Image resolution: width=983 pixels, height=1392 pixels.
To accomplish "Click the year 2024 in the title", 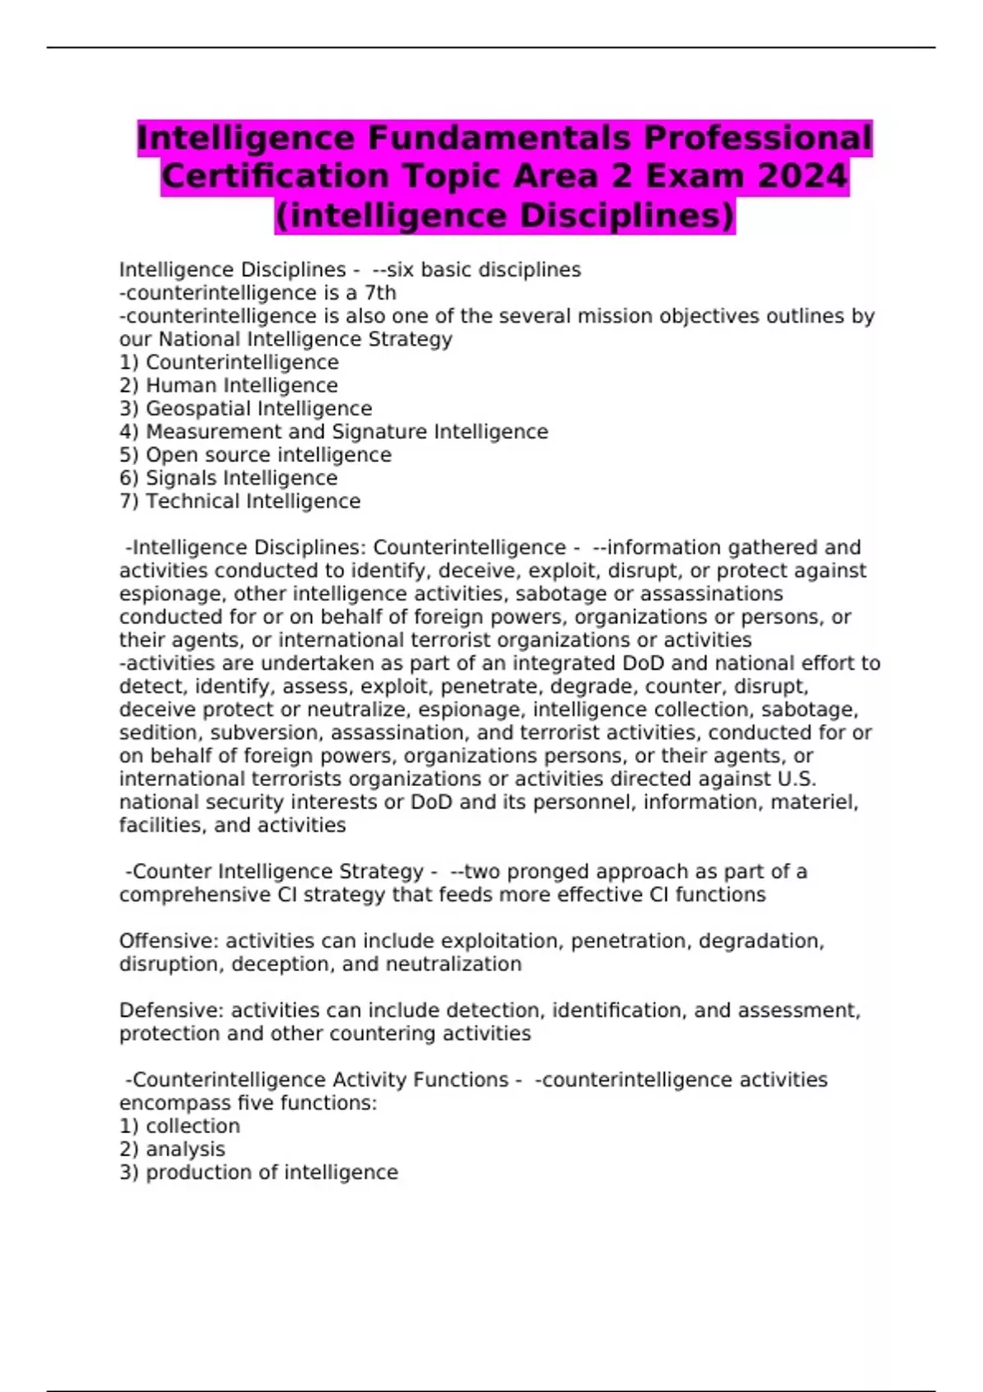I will [803, 176].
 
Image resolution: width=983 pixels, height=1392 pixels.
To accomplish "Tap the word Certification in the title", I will [275, 176].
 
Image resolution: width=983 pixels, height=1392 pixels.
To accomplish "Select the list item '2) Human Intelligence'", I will [229, 386].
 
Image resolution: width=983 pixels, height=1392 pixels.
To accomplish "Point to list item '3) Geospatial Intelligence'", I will [246, 409].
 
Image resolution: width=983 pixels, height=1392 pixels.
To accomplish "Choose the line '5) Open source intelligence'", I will [256, 455].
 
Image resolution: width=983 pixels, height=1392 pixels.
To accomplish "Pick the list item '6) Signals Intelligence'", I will [229, 478].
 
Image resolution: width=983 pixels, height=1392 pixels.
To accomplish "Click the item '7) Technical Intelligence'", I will [240, 501].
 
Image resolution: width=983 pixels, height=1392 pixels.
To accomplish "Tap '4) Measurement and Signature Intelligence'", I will [333, 432].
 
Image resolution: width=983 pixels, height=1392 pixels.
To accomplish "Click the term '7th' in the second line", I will [380, 293].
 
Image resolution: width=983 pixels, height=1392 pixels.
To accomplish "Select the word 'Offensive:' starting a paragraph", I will [170, 942].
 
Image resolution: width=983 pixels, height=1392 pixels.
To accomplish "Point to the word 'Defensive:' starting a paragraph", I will [172, 1010].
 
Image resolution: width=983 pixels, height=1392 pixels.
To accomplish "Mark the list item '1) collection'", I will [179, 1127].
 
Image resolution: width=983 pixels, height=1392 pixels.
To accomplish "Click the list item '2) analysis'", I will [172, 1150].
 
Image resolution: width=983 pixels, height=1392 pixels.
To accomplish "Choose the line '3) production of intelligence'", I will [259, 1173].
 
